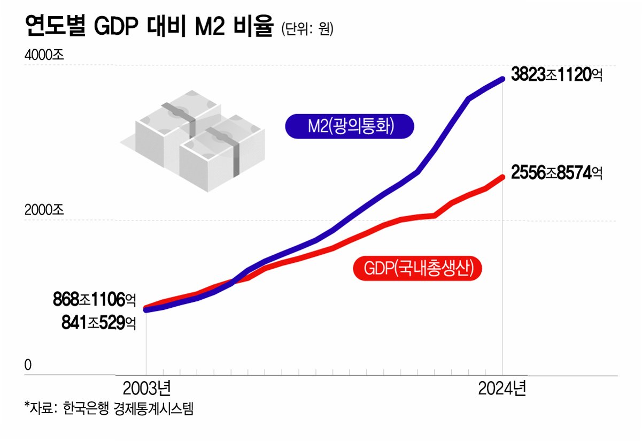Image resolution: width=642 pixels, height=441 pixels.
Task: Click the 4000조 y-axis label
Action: click(44, 55)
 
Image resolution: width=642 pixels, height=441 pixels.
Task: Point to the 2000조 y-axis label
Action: click(44, 210)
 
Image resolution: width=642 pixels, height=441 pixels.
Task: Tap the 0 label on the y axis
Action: click(28, 365)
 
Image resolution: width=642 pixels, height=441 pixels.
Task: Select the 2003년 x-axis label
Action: click(147, 389)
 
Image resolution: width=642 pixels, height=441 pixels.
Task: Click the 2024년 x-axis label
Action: click(502, 389)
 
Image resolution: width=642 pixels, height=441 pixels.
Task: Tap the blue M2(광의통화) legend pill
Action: click(350, 126)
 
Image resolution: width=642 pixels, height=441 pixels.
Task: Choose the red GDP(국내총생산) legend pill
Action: click(417, 268)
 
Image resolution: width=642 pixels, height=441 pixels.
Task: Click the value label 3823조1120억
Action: click(556, 74)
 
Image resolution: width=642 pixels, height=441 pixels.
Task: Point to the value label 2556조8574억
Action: click(556, 173)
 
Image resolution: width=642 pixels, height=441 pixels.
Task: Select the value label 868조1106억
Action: click(94, 300)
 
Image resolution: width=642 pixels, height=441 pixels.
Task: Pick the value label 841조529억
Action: click(98, 323)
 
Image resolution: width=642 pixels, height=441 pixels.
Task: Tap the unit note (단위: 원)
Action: click(307, 29)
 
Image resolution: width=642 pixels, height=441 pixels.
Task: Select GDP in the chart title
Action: click(116, 27)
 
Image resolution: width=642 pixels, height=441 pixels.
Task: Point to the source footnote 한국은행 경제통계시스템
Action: click(128, 408)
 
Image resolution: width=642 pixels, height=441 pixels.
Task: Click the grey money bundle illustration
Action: click(192, 141)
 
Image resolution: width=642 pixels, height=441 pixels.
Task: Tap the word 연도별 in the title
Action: click(55, 26)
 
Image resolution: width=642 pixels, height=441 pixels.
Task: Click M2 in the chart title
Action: click(210, 27)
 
